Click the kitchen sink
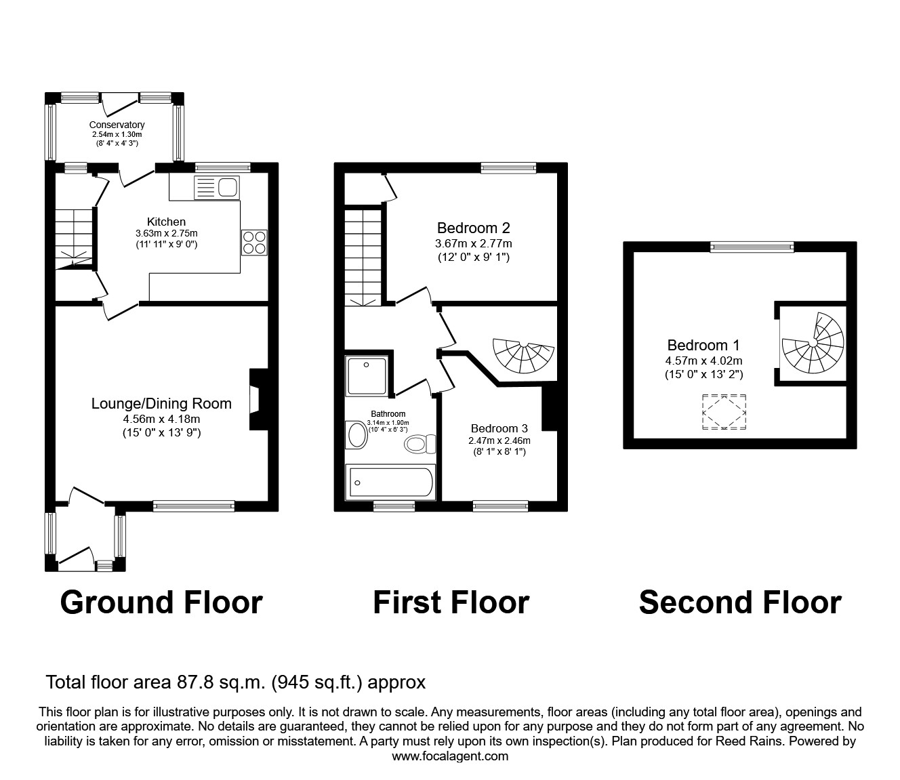[216, 186]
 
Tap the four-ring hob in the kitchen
[254, 243]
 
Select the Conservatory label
[117, 125]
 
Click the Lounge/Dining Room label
[161, 404]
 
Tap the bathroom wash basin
[356, 435]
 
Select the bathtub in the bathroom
[390, 483]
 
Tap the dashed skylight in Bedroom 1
[724, 411]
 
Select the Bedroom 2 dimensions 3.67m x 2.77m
[473, 243]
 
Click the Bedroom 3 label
[499, 428]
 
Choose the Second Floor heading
[740, 602]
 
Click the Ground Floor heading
[161, 602]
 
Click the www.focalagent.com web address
[450, 756]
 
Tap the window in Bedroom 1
[752, 248]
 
